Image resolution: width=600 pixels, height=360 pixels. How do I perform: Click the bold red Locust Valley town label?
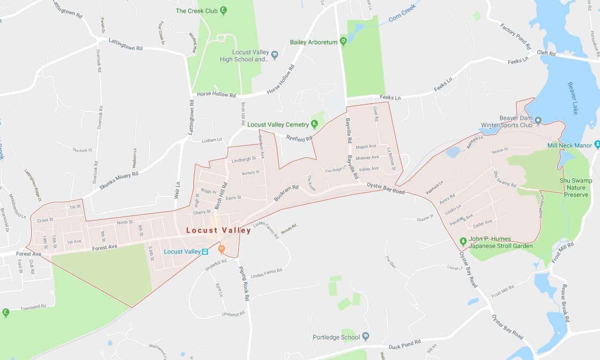[x=218, y=231]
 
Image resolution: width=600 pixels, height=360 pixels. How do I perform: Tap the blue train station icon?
[x=205, y=252]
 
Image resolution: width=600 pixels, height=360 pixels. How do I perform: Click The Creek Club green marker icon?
[x=223, y=10]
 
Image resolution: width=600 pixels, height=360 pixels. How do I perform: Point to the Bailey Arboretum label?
[x=314, y=42]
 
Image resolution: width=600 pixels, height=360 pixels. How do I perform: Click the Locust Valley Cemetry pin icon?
[x=314, y=125]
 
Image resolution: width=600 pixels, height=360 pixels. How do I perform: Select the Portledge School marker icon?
[x=365, y=337]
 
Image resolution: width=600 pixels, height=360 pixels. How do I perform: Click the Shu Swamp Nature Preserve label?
[x=575, y=188]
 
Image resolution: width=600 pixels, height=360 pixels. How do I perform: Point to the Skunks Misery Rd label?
[x=118, y=181]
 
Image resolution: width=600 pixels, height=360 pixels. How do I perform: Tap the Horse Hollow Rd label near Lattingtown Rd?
[x=216, y=95]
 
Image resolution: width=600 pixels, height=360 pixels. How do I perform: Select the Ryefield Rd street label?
[x=301, y=138]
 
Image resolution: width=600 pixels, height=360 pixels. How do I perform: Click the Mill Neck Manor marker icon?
[x=597, y=145]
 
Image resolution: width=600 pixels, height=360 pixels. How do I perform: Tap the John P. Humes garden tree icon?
[x=463, y=240]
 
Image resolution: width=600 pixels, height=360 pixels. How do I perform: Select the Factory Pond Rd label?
[x=516, y=36]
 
